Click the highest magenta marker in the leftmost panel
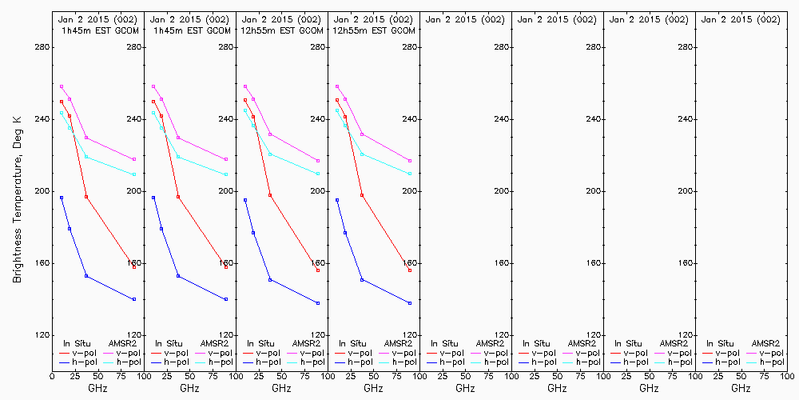point(62,86)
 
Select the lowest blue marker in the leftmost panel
point(134,299)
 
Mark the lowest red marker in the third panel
point(318,270)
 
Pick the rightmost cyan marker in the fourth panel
point(410,174)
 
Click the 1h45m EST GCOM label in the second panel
point(190,30)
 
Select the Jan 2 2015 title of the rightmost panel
point(740,19)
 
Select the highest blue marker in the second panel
point(153,198)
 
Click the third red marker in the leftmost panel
point(86,197)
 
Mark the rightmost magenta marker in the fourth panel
point(410,161)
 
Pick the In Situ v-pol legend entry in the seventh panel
point(630,353)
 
